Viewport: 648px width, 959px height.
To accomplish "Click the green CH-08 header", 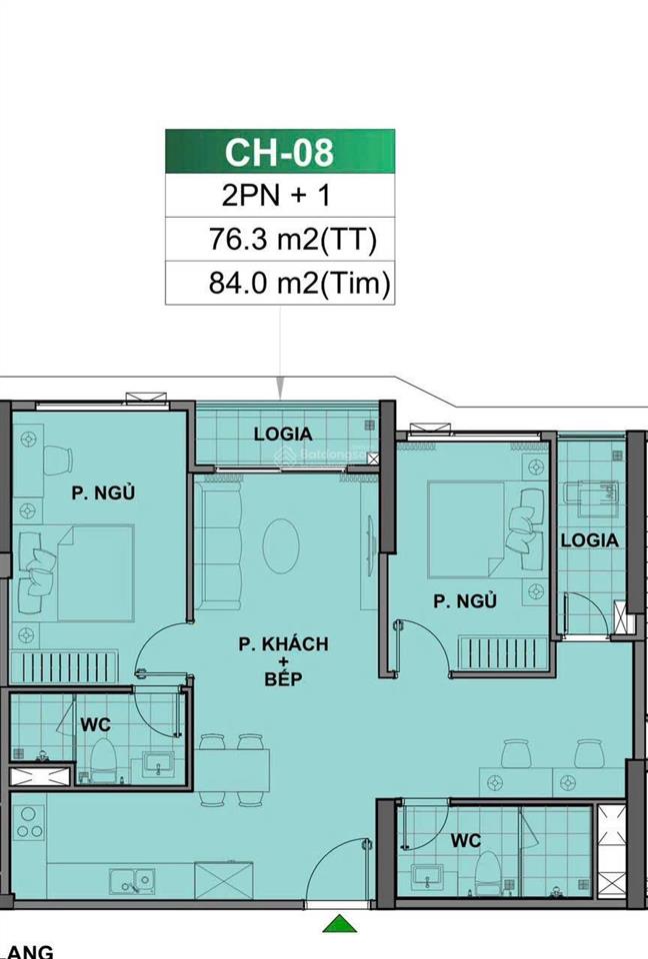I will coord(279,153).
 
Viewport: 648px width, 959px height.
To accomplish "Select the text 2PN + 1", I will coord(279,197).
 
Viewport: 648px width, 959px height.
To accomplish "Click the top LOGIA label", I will coord(283,435).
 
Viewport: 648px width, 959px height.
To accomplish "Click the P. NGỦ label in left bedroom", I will coord(102,491).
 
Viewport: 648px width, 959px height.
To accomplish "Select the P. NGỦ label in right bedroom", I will coord(465,601).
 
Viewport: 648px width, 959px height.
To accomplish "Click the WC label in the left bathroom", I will coord(96,723).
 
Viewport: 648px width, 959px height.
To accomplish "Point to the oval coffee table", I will coord(281,545).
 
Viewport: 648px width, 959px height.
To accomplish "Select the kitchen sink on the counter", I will coord(132,881).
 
